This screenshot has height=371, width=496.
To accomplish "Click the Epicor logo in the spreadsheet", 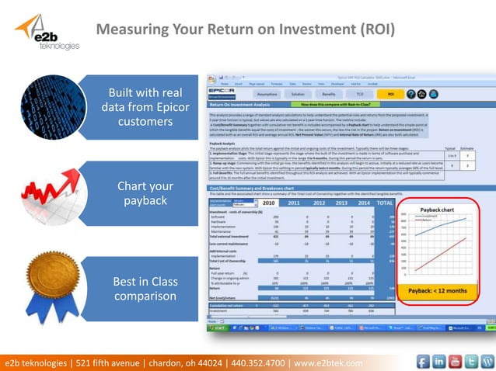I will point(222,91).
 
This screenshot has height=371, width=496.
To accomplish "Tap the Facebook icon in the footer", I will point(423,362).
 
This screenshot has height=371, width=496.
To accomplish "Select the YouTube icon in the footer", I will point(456,362).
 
